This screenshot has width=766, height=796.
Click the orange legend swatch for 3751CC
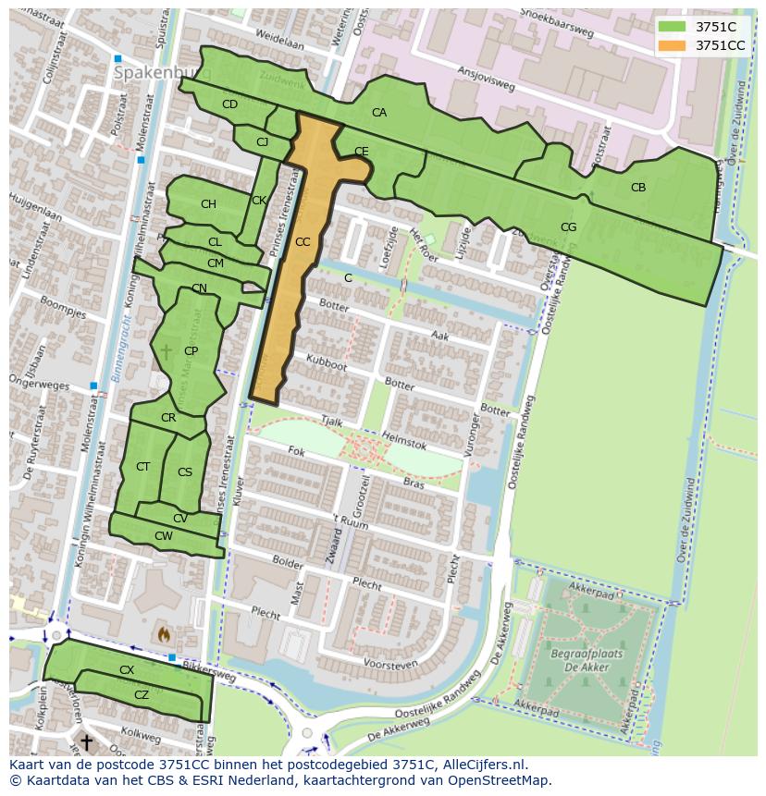pos(672,45)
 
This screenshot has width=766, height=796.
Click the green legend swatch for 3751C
pos(672,27)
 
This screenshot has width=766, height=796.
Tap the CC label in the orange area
pos(303,242)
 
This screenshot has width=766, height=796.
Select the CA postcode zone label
pos(379,113)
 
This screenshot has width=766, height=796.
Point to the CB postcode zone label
pos(638,188)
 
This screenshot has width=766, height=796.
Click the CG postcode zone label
pos(568,227)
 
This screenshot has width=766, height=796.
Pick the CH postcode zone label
pos(208,204)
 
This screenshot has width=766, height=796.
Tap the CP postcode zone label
pos(191,351)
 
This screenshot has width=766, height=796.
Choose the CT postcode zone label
pos(142,467)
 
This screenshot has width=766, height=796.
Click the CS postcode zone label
pos(185,472)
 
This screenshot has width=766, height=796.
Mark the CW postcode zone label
pos(164,536)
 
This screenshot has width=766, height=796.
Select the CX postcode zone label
pos(127,669)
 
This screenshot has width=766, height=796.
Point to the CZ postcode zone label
pos(142,695)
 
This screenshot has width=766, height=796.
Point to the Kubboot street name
pos(327,362)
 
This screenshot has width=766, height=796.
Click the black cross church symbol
pos(86,741)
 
